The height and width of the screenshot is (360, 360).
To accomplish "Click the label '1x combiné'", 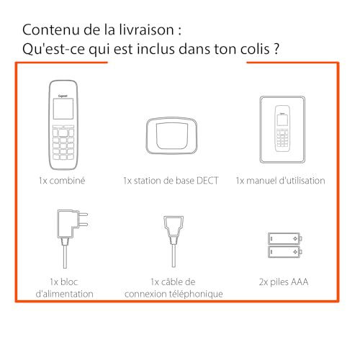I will [63, 181].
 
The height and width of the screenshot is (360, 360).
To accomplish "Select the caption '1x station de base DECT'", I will [170, 181].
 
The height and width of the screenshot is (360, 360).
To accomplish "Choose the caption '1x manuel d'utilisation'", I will [280, 181].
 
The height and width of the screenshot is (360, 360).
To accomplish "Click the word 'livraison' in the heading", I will [148, 32].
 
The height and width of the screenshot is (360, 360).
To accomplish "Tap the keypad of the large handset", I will [63, 143].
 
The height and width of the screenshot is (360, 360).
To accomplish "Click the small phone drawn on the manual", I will [280, 129].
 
